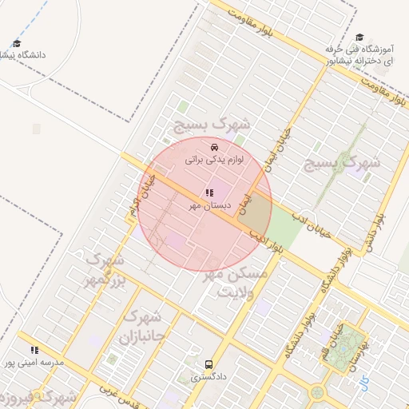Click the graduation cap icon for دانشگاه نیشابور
pos(17,44)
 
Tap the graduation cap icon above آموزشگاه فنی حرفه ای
pos(359,38)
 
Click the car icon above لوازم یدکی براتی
pos(214,147)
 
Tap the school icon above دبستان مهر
pos(209,193)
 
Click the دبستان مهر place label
pos(210,205)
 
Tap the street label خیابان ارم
pos(137,197)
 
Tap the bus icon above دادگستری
pos(209,363)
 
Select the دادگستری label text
pos(208,375)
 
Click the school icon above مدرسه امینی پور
pos(34,350)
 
